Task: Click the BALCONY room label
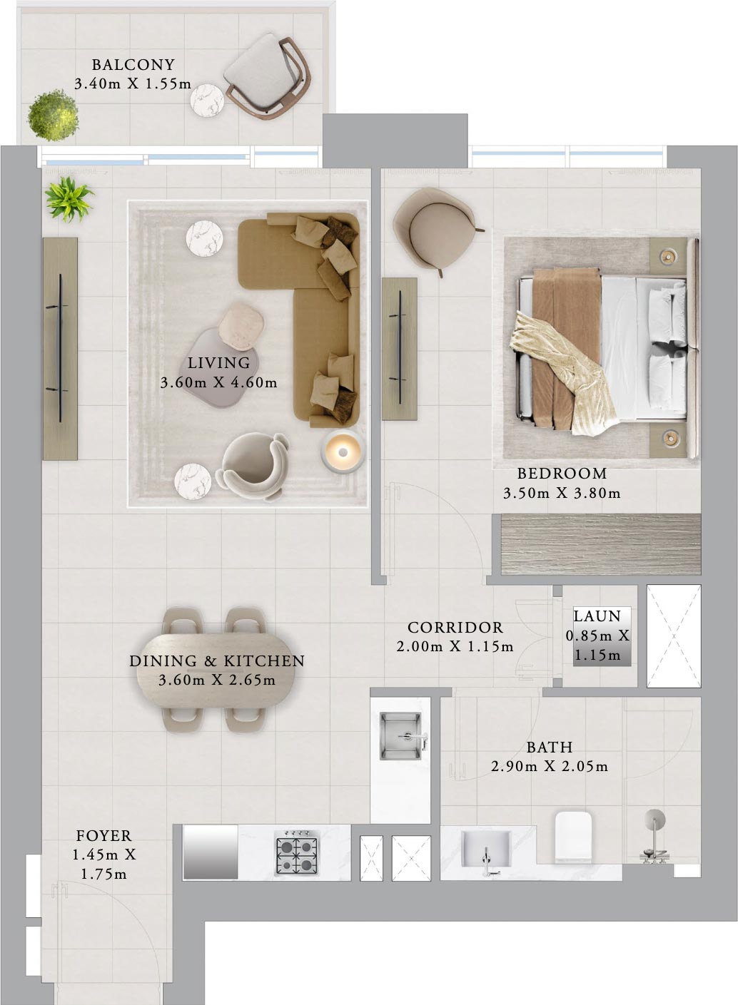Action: tap(133, 65)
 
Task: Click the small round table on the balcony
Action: tap(207, 100)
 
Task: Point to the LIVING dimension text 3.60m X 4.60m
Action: tap(218, 383)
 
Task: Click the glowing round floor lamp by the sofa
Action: tap(343, 452)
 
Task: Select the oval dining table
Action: tap(216, 670)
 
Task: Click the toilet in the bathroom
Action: tap(575, 836)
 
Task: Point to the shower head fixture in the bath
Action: tap(654, 820)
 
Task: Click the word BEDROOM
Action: tap(562, 474)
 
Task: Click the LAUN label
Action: tap(597, 616)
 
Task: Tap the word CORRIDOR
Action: tap(455, 628)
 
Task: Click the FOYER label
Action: tap(103, 836)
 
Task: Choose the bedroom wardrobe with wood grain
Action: tap(600, 544)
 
